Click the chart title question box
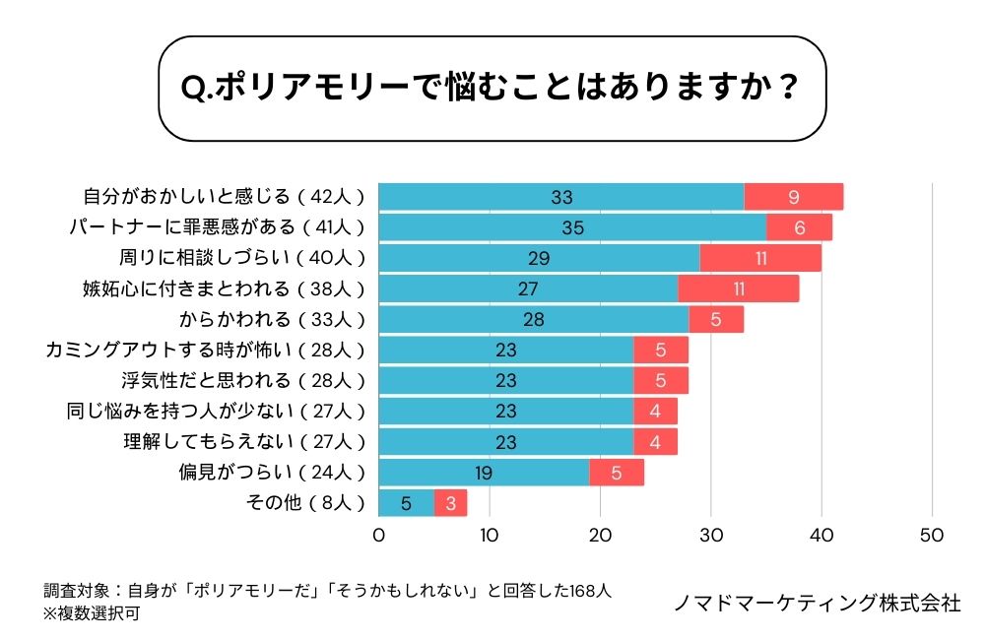pyautogui.click(x=492, y=89)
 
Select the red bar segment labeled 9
pyautogui.click(x=793, y=197)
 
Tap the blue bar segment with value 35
pyautogui.click(x=572, y=227)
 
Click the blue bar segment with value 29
pyautogui.click(x=539, y=258)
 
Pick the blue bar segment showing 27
pyautogui.click(x=528, y=288)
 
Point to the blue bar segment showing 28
pyautogui.click(x=534, y=319)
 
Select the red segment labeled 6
pyautogui.click(x=799, y=227)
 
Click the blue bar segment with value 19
pyautogui.click(x=484, y=473)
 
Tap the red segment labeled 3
pyautogui.click(x=450, y=503)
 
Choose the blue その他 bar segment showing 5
pyautogui.click(x=406, y=503)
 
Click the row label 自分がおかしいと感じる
pyautogui.click(x=224, y=197)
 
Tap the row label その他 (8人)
pyautogui.click(x=304, y=503)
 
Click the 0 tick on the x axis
pyautogui.click(x=379, y=536)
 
